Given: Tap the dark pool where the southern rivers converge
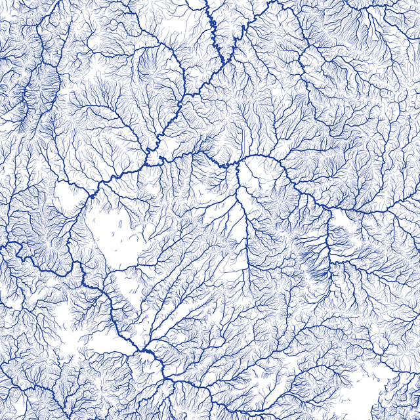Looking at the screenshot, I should [145, 354].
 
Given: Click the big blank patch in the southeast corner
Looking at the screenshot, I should [387, 394].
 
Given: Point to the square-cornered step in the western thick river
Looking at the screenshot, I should [79, 266].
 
